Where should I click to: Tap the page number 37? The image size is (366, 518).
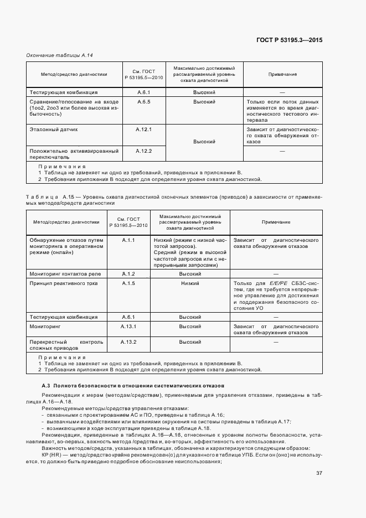click(x=319, y=457)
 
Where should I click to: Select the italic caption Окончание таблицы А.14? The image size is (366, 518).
click(x=55, y=55)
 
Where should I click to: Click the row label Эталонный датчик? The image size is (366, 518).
click(x=54, y=129)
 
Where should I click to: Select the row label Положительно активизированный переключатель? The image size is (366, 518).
click(x=73, y=154)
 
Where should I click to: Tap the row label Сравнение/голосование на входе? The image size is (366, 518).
click(x=74, y=102)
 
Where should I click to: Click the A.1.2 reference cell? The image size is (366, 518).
click(x=128, y=274)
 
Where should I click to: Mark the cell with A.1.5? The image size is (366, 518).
click(x=128, y=283)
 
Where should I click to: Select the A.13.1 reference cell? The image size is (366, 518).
click(x=128, y=327)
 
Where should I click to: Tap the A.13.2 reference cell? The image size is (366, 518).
click(x=128, y=342)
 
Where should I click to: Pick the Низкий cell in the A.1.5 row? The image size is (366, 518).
click(x=190, y=283)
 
